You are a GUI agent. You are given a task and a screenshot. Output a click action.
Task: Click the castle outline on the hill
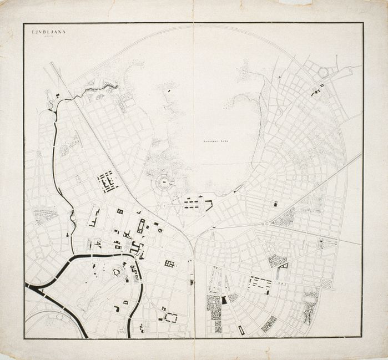(x=117, y=272)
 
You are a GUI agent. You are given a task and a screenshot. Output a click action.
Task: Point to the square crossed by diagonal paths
(x=327, y=283)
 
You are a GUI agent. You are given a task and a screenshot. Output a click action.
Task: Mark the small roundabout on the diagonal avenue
(x=266, y=224)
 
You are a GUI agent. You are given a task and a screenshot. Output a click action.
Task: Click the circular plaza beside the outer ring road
(x=324, y=72)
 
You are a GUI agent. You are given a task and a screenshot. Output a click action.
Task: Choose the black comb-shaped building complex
(x=108, y=181)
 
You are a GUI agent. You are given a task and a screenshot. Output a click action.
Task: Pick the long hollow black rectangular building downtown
(x=141, y=226)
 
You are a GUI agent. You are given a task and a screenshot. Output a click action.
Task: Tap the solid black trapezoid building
(x=224, y=300)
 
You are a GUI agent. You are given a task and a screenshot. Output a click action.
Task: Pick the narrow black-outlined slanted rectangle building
(x=241, y=330)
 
